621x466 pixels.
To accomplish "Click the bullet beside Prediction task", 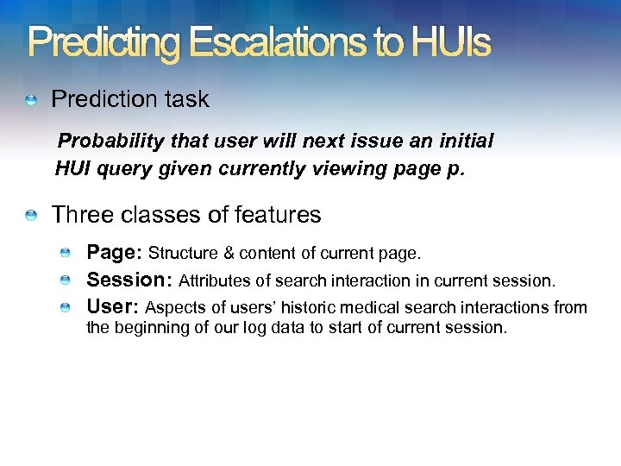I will pos(32,101).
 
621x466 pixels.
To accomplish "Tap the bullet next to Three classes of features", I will pos(32,216).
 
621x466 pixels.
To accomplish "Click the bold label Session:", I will pos(129,280).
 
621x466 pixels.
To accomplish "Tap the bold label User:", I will pos(113,307).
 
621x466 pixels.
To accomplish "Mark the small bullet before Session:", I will pos(66,281).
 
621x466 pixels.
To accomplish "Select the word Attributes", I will pos(214,281).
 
